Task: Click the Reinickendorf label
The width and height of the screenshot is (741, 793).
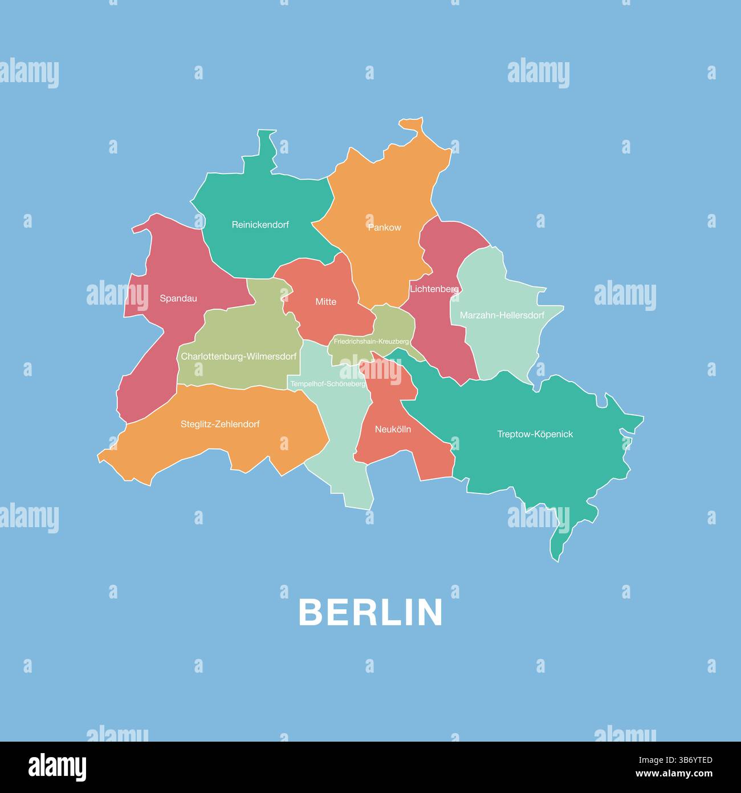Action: click(260, 225)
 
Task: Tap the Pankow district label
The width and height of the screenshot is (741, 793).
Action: click(385, 228)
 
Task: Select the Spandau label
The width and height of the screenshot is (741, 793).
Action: click(178, 298)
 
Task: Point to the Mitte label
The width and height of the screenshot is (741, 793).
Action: click(326, 302)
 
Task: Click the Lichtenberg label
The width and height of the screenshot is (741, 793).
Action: click(434, 289)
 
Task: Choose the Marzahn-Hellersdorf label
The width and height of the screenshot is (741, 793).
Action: click(502, 315)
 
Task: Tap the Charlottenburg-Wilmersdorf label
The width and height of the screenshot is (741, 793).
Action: click(239, 357)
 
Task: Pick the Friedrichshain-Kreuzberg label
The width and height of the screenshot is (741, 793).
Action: click(371, 341)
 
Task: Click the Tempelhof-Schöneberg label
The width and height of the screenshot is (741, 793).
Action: click(328, 384)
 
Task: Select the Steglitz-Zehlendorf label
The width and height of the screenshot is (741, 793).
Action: click(220, 424)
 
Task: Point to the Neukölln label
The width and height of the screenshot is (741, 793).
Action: click(393, 429)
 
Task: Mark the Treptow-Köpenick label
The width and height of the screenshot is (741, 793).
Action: click(535, 434)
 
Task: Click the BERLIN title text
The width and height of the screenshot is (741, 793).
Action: click(370, 612)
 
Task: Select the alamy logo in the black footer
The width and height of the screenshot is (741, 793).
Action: click(57, 767)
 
